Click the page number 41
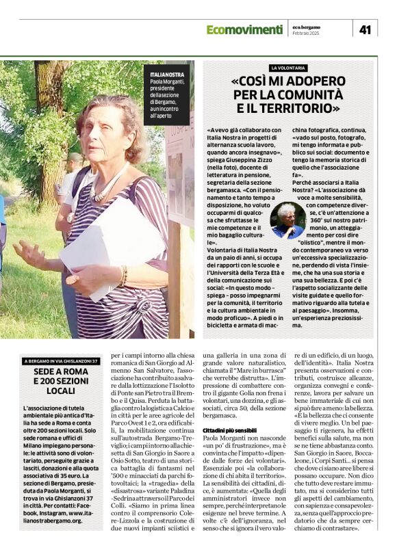[x=365, y=29]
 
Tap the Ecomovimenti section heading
[x=244, y=29]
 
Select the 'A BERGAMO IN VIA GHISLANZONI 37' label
[x=61, y=360]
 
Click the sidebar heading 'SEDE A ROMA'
[x=61, y=371]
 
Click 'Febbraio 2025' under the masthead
[x=305, y=33]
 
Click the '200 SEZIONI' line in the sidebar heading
[x=61, y=381]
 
